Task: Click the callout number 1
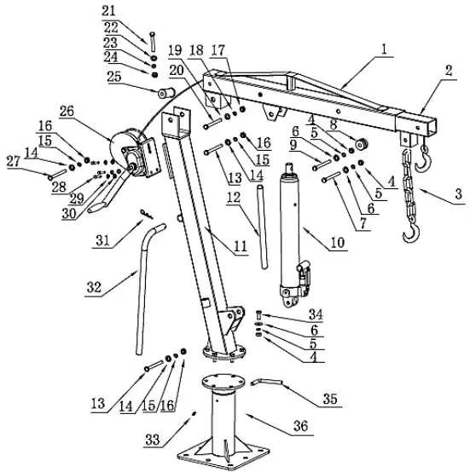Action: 385,50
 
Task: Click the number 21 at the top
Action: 132,10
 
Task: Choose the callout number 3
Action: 458,195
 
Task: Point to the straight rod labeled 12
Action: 259,231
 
